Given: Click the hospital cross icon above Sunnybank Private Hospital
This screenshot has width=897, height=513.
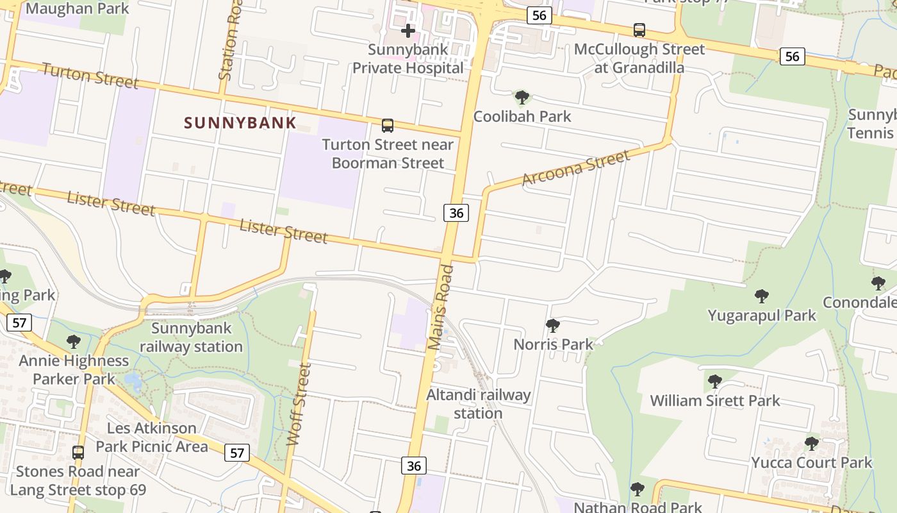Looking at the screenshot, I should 408,30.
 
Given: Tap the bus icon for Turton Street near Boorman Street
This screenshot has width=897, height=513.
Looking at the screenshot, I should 387,125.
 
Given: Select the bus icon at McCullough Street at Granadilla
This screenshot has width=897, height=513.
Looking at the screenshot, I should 639,29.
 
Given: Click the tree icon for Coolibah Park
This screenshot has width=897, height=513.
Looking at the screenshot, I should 522,97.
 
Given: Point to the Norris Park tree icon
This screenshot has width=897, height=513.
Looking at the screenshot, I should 553,326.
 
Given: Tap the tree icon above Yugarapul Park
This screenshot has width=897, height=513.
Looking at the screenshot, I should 761,296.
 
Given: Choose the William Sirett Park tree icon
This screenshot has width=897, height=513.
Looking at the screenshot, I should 714,382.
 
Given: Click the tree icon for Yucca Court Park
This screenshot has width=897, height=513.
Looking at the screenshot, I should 811,443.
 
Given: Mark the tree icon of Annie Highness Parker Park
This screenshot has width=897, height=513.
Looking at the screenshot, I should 74,341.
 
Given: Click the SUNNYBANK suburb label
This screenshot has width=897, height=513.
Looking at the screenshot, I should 240,122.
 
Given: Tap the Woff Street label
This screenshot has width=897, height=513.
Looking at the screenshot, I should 299,404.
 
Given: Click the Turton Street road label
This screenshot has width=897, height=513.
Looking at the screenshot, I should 90,76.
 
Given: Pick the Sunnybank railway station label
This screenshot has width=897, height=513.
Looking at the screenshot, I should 191,337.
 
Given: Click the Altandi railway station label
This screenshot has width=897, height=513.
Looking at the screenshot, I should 479,404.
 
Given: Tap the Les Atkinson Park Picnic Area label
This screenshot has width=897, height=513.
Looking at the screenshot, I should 152,437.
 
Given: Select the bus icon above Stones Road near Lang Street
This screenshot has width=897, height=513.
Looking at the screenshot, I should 78,452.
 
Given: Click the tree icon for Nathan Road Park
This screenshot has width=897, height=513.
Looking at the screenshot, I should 637,489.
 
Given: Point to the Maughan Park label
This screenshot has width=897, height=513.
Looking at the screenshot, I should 77,8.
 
